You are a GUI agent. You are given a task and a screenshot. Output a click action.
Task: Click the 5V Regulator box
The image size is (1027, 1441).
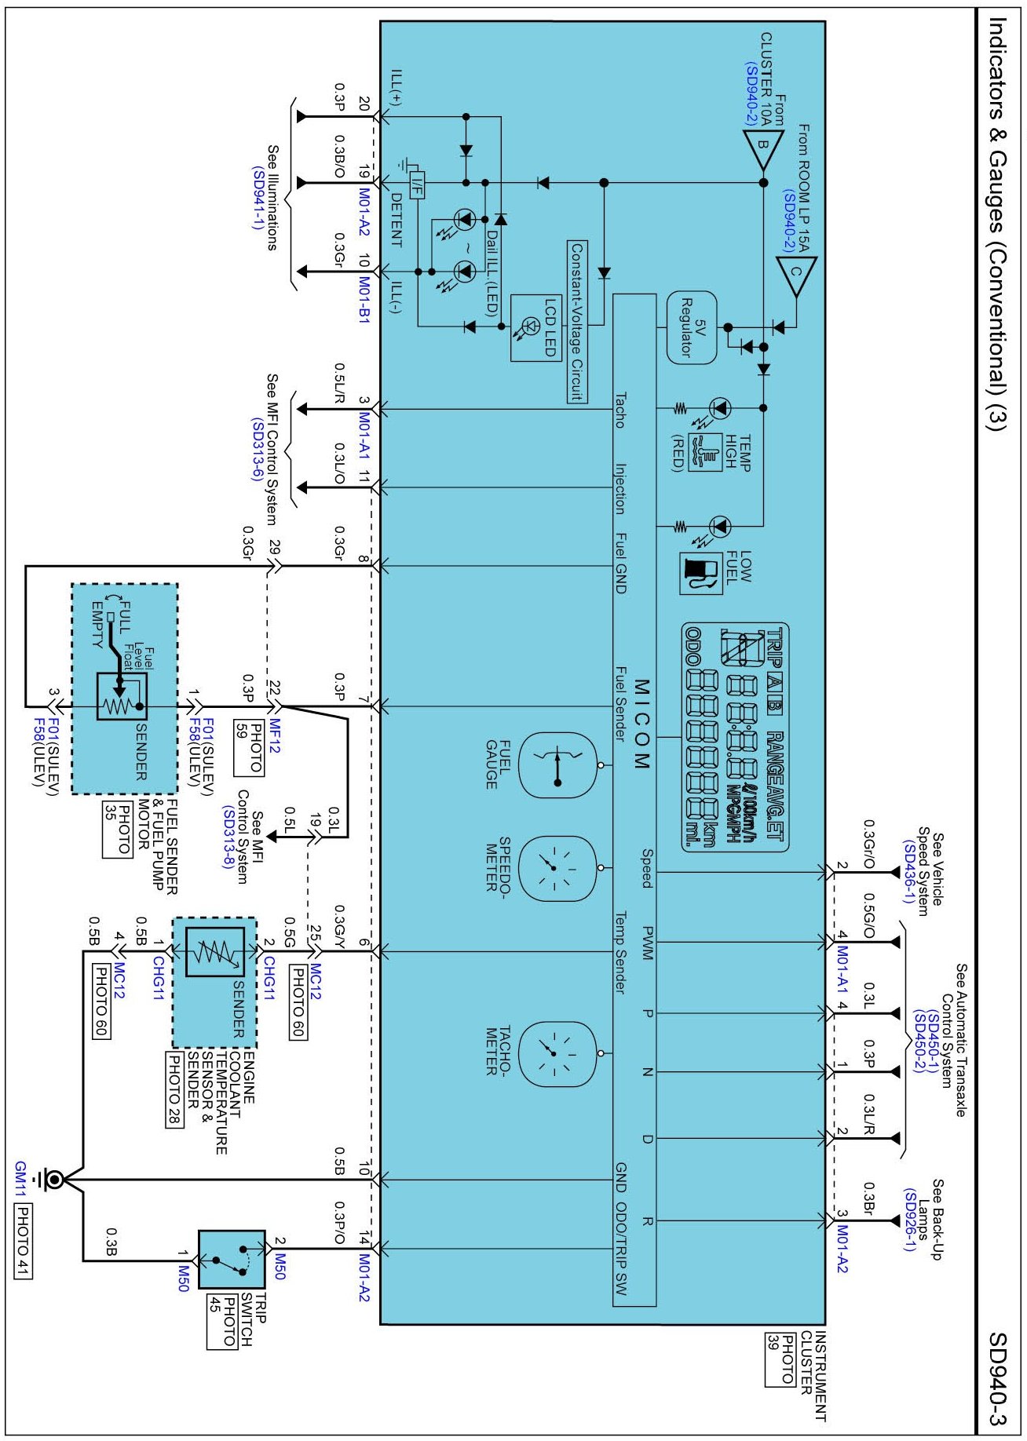pyautogui.click(x=692, y=327)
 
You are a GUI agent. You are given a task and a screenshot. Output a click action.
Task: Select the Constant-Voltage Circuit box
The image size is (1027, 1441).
pyautogui.click(x=577, y=322)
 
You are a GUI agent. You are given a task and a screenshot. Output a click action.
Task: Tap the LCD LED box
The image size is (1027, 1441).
pyautogui.click(x=536, y=327)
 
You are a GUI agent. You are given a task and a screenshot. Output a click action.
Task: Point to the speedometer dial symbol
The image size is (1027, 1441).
pyautogui.click(x=557, y=867)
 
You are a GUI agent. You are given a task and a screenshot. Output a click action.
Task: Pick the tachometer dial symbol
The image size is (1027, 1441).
pyautogui.click(x=557, y=1053)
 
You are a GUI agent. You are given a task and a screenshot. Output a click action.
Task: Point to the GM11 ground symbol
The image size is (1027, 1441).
pyautogui.click(x=53, y=1180)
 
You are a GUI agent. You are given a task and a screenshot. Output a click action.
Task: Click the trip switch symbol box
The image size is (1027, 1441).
pyautogui.click(x=232, y=1259)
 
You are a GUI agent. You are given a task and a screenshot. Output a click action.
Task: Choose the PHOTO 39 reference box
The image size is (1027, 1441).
pyautogui.click(x=780, y=1358)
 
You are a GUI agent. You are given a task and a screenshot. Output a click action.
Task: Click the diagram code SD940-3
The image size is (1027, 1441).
pyautogui.click(x=996, y=1378)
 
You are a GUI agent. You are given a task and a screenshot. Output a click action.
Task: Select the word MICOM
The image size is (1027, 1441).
pyautogui.click(x=641, y=724)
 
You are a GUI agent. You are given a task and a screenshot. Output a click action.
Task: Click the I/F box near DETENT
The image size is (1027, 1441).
pyautogui.click(x=417, y=184)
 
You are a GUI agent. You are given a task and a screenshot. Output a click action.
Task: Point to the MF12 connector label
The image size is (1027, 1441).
pyautogui.click(x=275, y=736)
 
